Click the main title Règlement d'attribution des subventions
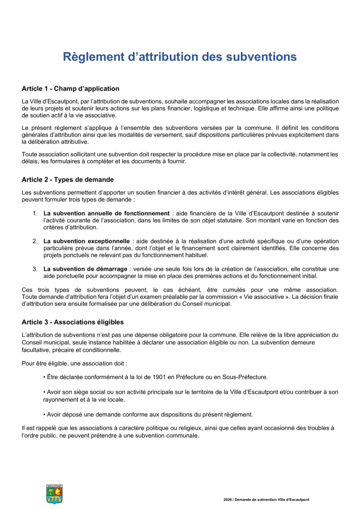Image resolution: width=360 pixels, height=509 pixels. point(180,57)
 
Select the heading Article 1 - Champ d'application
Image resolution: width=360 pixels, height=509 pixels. point(70,89)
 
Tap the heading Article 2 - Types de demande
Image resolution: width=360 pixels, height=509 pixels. point(67,179)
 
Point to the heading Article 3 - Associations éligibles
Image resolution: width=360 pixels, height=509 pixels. point(73,322)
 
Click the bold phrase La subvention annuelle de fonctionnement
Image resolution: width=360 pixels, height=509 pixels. point(107,213)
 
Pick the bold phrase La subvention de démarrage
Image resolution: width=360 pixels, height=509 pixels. point(85,269)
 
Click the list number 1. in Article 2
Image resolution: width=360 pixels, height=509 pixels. point(35,213)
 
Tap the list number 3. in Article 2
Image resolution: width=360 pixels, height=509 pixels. point(35,269)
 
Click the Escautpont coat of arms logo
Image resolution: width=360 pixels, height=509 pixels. point(54,494)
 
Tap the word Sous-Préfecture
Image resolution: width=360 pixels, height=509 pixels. point(246,377)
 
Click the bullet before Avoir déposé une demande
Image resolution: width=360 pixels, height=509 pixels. point(45,414)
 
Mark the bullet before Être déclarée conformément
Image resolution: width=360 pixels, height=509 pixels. point(45,377)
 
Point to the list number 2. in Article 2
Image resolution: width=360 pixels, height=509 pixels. point(35,241)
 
